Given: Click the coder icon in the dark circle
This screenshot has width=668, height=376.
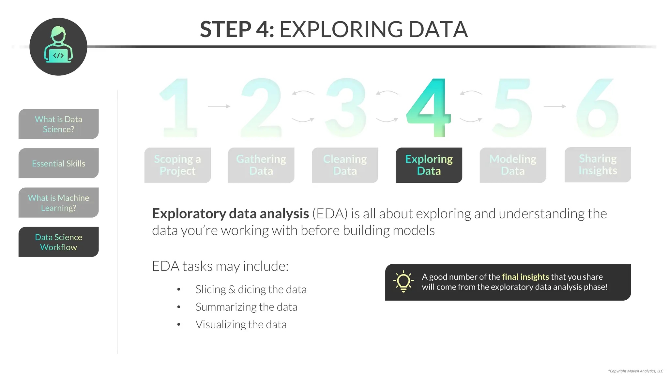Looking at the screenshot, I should [x=58, y=46].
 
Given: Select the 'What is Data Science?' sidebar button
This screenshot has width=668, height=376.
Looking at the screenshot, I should [x=59, y=124].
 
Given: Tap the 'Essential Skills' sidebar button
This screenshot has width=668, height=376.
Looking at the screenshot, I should [x=59, y=163].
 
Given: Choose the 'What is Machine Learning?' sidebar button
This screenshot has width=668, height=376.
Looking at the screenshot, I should [x=59, y=203].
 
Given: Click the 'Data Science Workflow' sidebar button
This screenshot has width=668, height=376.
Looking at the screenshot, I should [x=59, y=242].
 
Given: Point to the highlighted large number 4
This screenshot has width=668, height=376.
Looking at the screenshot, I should [x=430, y=108].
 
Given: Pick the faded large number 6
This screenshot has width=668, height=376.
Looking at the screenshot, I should [x=597, y=108].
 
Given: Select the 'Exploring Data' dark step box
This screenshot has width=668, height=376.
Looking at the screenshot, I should [x=429, y=165].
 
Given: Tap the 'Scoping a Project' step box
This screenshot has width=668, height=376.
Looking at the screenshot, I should [x=177, y=165].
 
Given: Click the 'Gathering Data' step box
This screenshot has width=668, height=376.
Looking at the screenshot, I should [x=261, y=165].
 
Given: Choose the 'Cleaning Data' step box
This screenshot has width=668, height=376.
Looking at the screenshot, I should [x=345, y=165].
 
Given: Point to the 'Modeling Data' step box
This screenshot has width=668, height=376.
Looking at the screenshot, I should [x=513, y=165].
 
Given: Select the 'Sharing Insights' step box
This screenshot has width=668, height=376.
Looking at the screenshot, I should [x=598, y=165].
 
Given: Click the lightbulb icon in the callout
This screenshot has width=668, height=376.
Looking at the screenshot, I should [x=403, y=281].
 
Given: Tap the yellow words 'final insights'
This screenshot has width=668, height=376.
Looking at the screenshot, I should [x=525, y=277].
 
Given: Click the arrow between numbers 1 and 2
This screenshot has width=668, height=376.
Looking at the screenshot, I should [x=219, y=106].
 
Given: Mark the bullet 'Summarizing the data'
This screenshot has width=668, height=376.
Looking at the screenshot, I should [x=246, y=307].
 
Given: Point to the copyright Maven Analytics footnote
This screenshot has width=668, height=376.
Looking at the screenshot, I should [x=635, y=371].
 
